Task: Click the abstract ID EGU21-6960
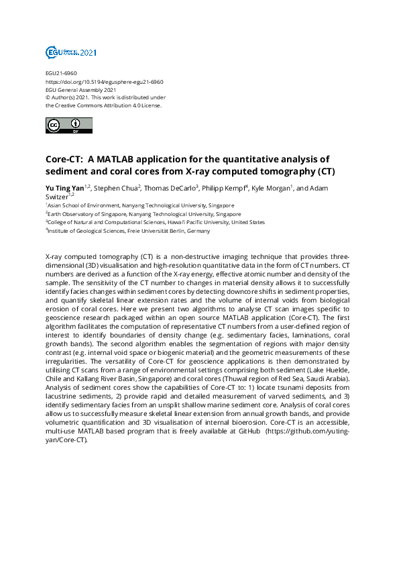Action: coord(62,72)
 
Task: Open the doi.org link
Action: coord(104,81)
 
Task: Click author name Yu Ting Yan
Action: coord(64,187)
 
